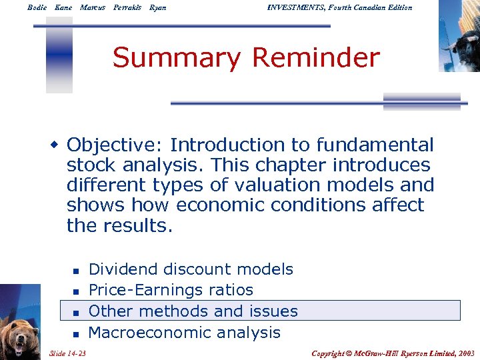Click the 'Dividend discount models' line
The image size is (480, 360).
point(191,269)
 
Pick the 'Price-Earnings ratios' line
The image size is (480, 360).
point(171,290)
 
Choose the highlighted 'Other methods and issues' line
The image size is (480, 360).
point(193,311)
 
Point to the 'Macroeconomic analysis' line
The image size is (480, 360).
point(184,332)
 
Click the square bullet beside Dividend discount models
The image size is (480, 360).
point(76,271)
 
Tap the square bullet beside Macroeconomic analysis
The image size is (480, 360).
point(76,333)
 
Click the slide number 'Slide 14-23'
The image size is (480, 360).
point(71,353)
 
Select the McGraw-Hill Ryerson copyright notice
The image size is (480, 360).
point(393,353)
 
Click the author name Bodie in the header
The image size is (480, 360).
point(37,7)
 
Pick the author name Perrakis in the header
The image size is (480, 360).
point(127,7)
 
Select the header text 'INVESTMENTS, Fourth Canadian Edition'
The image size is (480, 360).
point(339,7)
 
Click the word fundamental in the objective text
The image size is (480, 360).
point(375,145)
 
